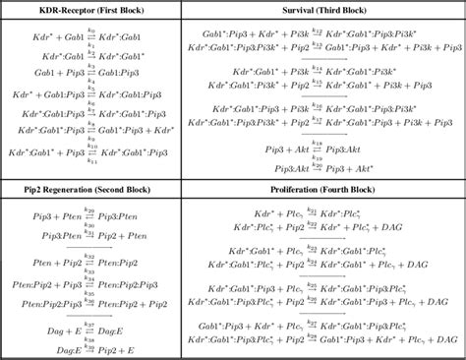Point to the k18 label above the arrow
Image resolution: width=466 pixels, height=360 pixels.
pos(317,138)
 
